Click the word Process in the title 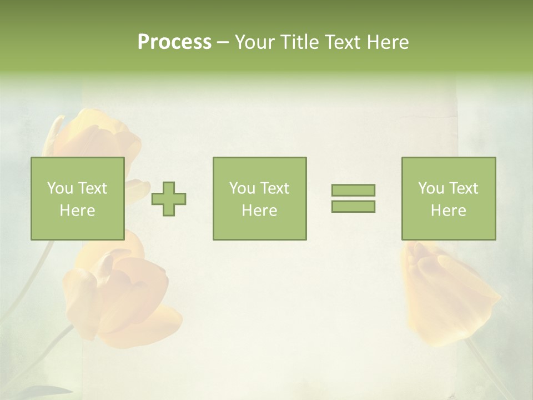tap(174, 42)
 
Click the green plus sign tap(169, 199)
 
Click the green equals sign tap(353, 198)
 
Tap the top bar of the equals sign tap(353, 191)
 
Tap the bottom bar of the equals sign tap(353, 206)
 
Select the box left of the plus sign tap(78, 198)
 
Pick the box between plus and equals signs tap(260, 198)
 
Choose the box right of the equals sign tap(449, 198)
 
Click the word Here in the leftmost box tap(78, 211)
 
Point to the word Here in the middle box tap(260, 211)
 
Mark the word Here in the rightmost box tap(449, 211)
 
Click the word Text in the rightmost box tap(463, 188)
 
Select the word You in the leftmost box tap(60, 188)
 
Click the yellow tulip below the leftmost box tap(122, 294)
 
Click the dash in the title tap(223, 43)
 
